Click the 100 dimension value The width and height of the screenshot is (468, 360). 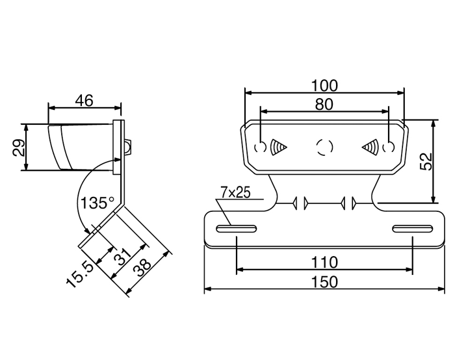(x=324, y=86)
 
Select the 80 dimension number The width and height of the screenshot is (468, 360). (x=324, y=105)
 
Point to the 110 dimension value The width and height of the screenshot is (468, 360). (x=324, y=263)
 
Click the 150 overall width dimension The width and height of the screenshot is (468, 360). (x=324, y=282)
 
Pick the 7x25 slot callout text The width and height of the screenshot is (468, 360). (x=235, y=192)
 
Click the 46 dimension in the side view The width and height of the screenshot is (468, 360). (x=84, y=101)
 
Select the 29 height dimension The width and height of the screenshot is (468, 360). (x=19, y=148)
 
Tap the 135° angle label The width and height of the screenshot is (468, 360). (x=97, y=203)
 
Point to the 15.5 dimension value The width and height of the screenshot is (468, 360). (x=80, y=275)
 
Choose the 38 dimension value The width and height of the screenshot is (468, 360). (x=142, y=268)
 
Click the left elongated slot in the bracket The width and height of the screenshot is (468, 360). (x=237, y=229)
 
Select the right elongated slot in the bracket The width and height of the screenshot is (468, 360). (x=413, y=229)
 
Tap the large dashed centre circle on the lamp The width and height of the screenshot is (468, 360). (x=324, y=147)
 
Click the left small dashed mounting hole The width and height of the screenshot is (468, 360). (x=260, y=147)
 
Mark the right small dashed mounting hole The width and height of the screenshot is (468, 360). (x=389, y=147)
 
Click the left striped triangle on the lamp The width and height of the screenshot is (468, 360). (x=278, y=147)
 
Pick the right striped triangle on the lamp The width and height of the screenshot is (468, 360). (x=370, y=147)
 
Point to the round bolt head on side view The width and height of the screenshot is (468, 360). (x=129, y=147)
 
